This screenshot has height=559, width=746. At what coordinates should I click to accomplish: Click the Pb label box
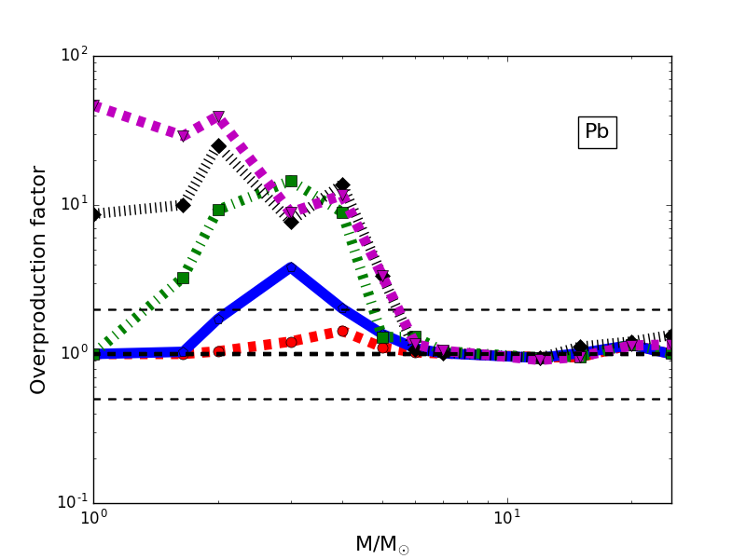[597, 132]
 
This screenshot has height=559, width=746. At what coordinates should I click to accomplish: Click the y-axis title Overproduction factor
[39, 279]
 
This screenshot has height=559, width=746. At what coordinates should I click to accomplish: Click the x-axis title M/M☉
[381, 545]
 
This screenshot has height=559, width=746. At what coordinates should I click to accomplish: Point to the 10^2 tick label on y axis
[74, 55]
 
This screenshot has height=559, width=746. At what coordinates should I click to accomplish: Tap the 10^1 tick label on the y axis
[74, 204]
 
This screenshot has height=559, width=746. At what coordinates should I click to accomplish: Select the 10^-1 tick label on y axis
[72, 502]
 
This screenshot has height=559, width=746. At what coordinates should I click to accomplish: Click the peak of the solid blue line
[291, 267]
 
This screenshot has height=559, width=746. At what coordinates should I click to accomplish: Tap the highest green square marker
[291, 181]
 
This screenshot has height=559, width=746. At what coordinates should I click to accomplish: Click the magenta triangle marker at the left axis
[94, 106]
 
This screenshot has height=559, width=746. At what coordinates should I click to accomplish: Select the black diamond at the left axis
[94, 214]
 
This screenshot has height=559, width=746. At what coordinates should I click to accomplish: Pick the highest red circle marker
[342, 331]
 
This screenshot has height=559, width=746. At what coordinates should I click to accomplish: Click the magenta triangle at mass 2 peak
[218, 117]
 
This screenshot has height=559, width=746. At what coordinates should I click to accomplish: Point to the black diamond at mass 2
[218, 145]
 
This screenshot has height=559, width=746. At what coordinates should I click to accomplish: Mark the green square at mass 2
[218, 210]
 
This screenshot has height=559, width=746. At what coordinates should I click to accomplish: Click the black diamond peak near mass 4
[342, 184]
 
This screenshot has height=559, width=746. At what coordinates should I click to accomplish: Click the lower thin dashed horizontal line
[373, 399]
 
